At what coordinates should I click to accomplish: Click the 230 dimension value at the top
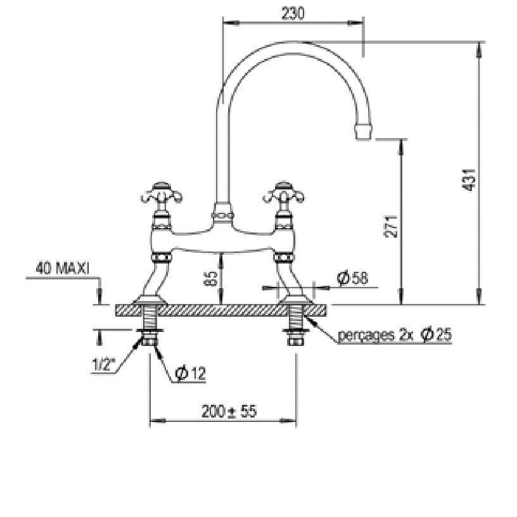pyautogui.click(x=293, y=14)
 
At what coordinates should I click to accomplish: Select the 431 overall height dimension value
pyautogui.click(x=468, y=180)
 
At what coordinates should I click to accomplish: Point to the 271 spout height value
pyautogui.click(x=390, y=227)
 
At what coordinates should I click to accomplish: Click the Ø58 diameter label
pyautogui.click(x=352, y=278)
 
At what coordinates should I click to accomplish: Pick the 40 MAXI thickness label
pyautogui.click(x=62, y=269)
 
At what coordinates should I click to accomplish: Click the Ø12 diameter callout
pyautogui.click(x=191, y=373)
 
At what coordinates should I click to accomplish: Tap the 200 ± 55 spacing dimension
pyautogui.click(x=229, y=411)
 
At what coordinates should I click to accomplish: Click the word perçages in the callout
pyautogui.click(x=366, y=336)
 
